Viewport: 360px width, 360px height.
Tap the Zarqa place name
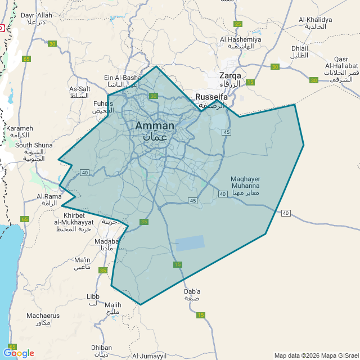(230, 75)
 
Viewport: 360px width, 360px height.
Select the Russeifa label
(211, 97)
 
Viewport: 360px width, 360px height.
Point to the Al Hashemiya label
(241, 39)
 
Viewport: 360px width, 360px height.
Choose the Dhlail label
(300, 48)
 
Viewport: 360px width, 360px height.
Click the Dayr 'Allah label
(36, 15)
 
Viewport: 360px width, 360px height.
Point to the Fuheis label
(103, 103)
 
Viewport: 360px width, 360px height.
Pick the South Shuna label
(34, 145)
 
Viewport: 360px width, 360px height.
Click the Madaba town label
(107, 241)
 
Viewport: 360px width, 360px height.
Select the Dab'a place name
(192, 291)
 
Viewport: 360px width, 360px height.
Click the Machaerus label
(42, 316)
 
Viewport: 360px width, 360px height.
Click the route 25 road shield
(238, 24)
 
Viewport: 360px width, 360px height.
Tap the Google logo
(19, 353)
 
